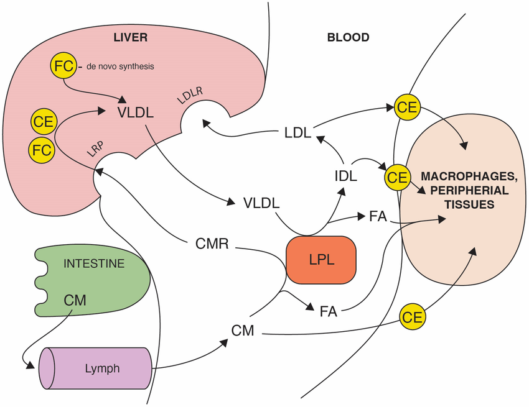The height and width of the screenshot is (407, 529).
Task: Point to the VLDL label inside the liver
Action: point(136,113)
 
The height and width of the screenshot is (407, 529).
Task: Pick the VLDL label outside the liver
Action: point(261,203)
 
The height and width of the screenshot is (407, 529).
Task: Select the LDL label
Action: point(297,132)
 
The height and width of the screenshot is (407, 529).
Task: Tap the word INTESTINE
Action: point(94,263)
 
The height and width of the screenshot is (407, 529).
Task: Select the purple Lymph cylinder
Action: point(95,368)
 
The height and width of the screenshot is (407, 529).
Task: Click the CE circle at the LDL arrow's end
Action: point(407,107)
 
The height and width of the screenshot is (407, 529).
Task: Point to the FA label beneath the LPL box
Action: point(328,311)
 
